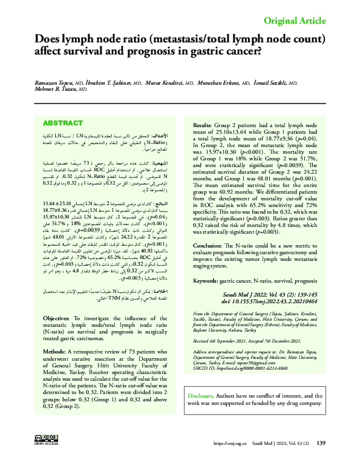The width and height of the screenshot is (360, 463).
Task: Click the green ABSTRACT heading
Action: (x=63, y=123)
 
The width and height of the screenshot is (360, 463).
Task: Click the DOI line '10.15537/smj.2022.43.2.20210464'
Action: (x=269, y=301)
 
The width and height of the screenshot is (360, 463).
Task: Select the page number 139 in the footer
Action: (x=321, y=443)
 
